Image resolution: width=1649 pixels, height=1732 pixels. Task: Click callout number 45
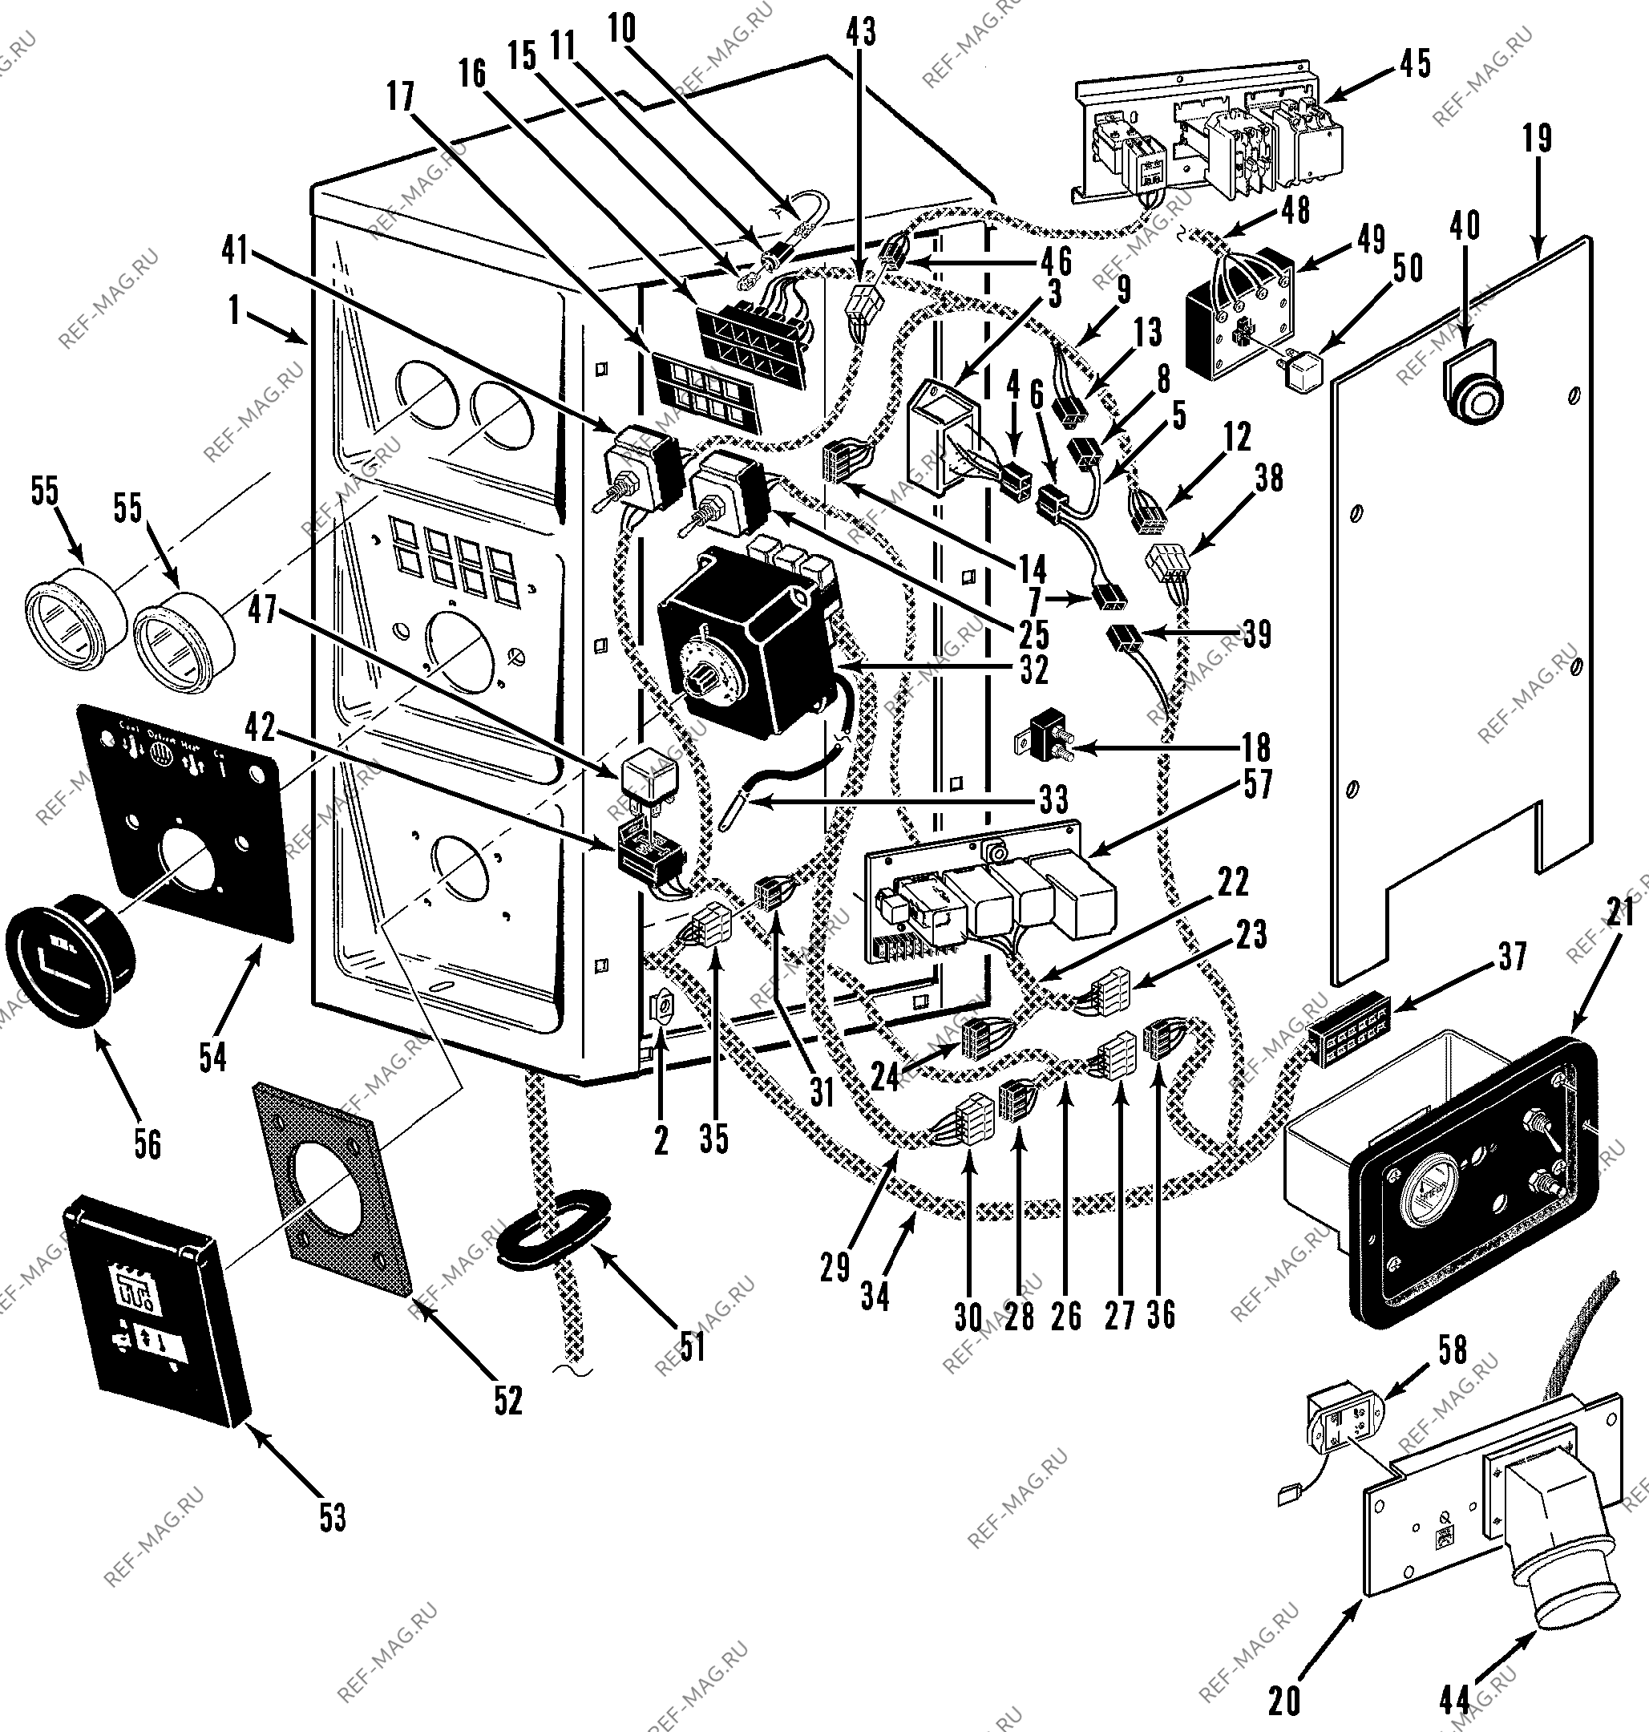point(1415,64)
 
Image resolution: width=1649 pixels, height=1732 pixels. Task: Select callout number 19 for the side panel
point(1538,139)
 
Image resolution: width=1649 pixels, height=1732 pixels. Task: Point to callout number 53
point(332,1519)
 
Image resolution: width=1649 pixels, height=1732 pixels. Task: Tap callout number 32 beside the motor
point(1033,671)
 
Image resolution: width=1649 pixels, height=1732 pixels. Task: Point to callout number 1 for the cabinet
point(234,310)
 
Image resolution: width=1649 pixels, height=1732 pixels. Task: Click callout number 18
point(1257,748)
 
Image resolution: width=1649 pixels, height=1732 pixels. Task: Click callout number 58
point(1452,1350)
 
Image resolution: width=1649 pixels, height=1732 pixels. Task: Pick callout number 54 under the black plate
point(212,1058)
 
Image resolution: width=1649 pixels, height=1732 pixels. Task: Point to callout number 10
point(621,29)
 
